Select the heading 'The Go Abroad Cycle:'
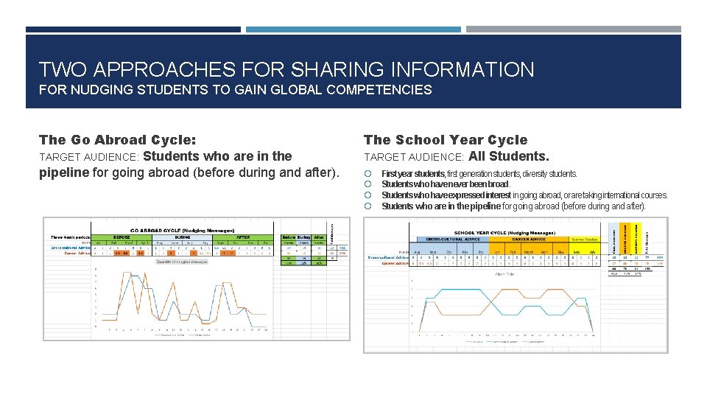coord(117,139)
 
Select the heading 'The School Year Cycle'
coord(445,139)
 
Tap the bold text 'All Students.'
coord(509,156)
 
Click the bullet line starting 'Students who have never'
coord(446,184)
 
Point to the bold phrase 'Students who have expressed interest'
coord(446,195)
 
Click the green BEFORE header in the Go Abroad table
coord(122,237)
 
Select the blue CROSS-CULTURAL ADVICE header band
coord(452,239)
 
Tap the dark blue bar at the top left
coord(133,29)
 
